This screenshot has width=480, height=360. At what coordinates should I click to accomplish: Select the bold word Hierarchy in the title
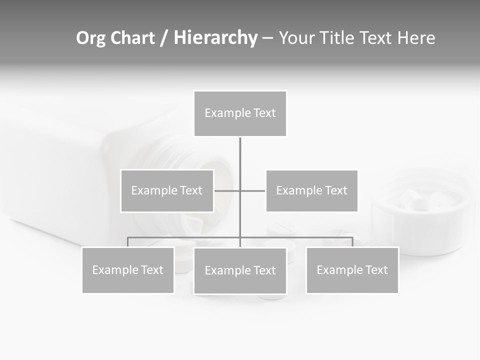click(215, 38)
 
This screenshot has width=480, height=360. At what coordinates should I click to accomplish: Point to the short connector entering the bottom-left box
click(128, 242)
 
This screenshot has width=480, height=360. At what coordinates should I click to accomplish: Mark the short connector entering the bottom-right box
click(352, 242)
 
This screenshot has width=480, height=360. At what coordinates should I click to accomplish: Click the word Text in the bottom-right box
click(376, 270)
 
